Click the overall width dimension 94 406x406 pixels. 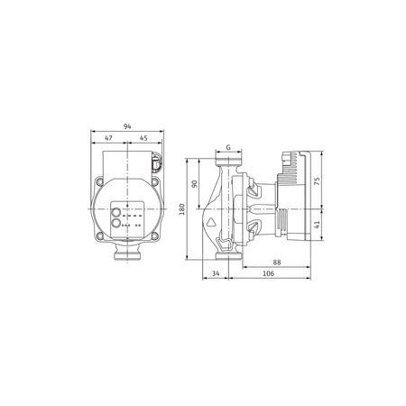coord(126,127)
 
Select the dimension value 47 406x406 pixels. coord(109,140)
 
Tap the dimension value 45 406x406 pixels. coord(143,140)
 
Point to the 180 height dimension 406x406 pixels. coord(182,209)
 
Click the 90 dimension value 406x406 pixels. coord(195,184)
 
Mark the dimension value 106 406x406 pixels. coord(268,274)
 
